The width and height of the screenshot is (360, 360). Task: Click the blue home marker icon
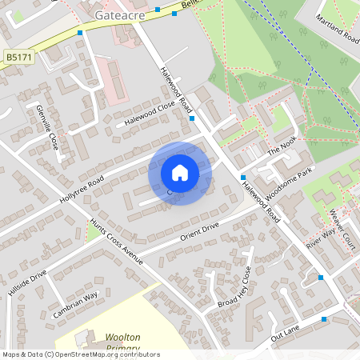coord(180,173)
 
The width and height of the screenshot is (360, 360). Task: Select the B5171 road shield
coord(18,58)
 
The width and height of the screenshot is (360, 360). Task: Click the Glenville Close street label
coord(47,127)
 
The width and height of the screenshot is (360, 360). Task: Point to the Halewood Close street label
coord(150,114)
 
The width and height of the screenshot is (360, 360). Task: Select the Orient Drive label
coord(199,234)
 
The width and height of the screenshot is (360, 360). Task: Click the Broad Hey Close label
coord(234,287)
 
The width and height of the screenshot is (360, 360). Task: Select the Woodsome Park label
coord(288,182)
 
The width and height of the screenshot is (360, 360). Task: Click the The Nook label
coord(282,146)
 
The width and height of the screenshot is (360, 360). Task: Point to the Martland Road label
coord(337,28)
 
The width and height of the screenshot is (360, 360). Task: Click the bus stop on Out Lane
coord(324,319)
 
